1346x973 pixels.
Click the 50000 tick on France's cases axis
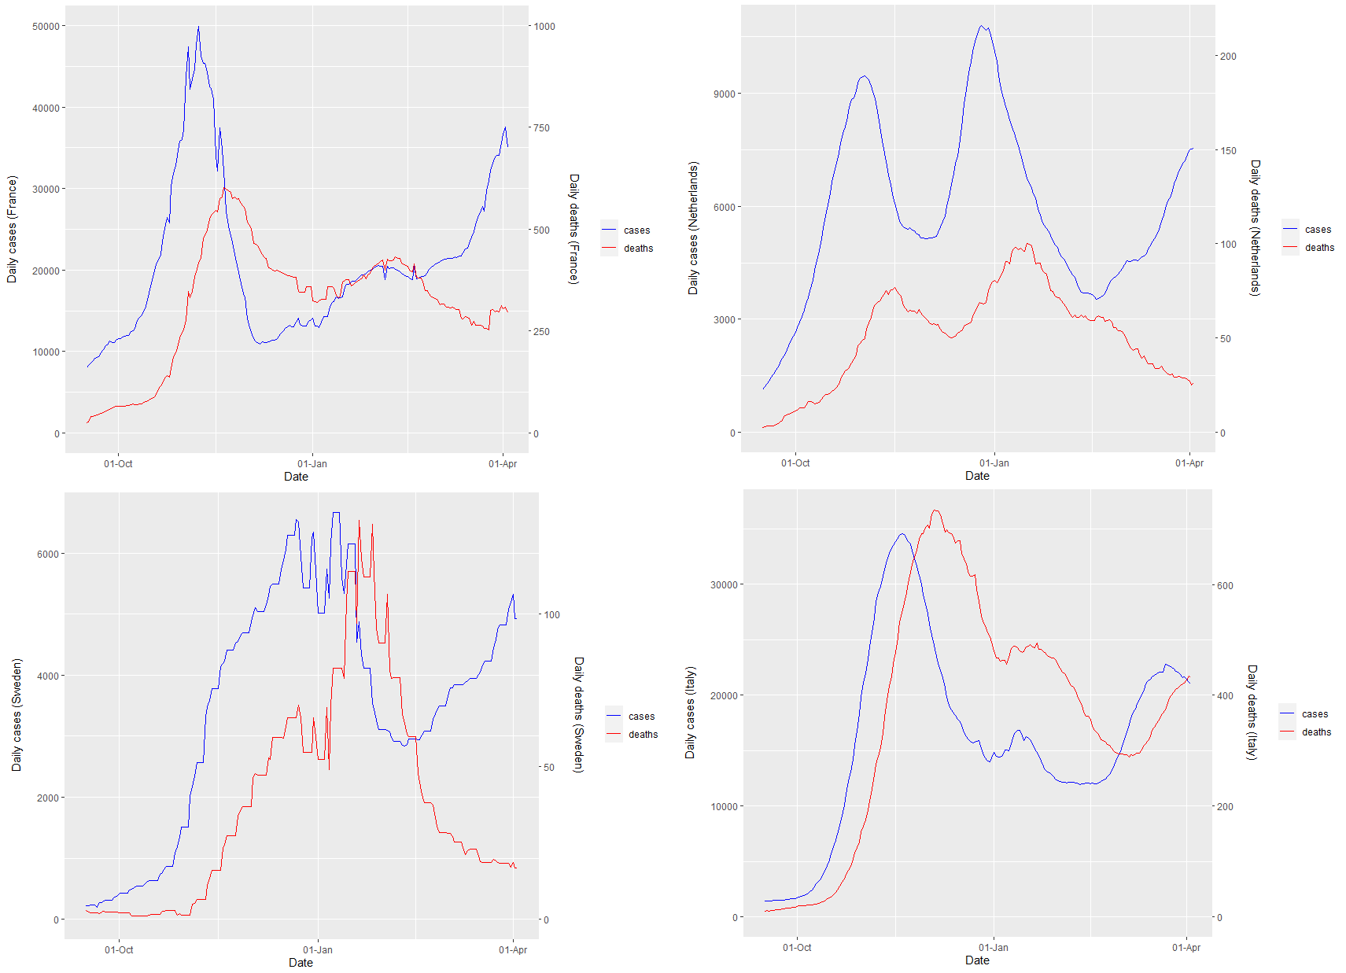coord(46,26)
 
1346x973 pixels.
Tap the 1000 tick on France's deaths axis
coord(544,26)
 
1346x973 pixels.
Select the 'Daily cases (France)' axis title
coord(12,229)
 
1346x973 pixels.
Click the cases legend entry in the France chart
coord(636,230)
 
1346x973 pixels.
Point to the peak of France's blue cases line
coord(198,27)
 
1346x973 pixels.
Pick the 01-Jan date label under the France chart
coord(312,463)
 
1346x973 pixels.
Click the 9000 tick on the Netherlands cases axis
coord(725,94)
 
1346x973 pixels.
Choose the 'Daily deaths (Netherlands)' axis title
coord(1256,227)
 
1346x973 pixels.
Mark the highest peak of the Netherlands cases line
coord(981,26)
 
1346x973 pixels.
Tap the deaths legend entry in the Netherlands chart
coord(1319,248)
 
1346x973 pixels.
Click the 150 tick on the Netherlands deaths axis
coord(1227,150)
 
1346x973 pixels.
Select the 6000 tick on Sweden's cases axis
coord(48,554)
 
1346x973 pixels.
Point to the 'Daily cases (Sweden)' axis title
coord(17,714)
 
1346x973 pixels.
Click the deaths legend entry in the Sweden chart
coord(643,735)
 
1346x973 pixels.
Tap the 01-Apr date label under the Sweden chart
coord(513,949)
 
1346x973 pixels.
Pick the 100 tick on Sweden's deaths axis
coord(552,614)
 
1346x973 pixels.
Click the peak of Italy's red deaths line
coord(935,510)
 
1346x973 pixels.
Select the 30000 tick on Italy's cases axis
coord(724,584)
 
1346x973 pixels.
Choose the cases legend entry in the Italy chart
coord(1315,714)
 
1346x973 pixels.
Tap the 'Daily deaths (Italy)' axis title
coord(1252,712)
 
